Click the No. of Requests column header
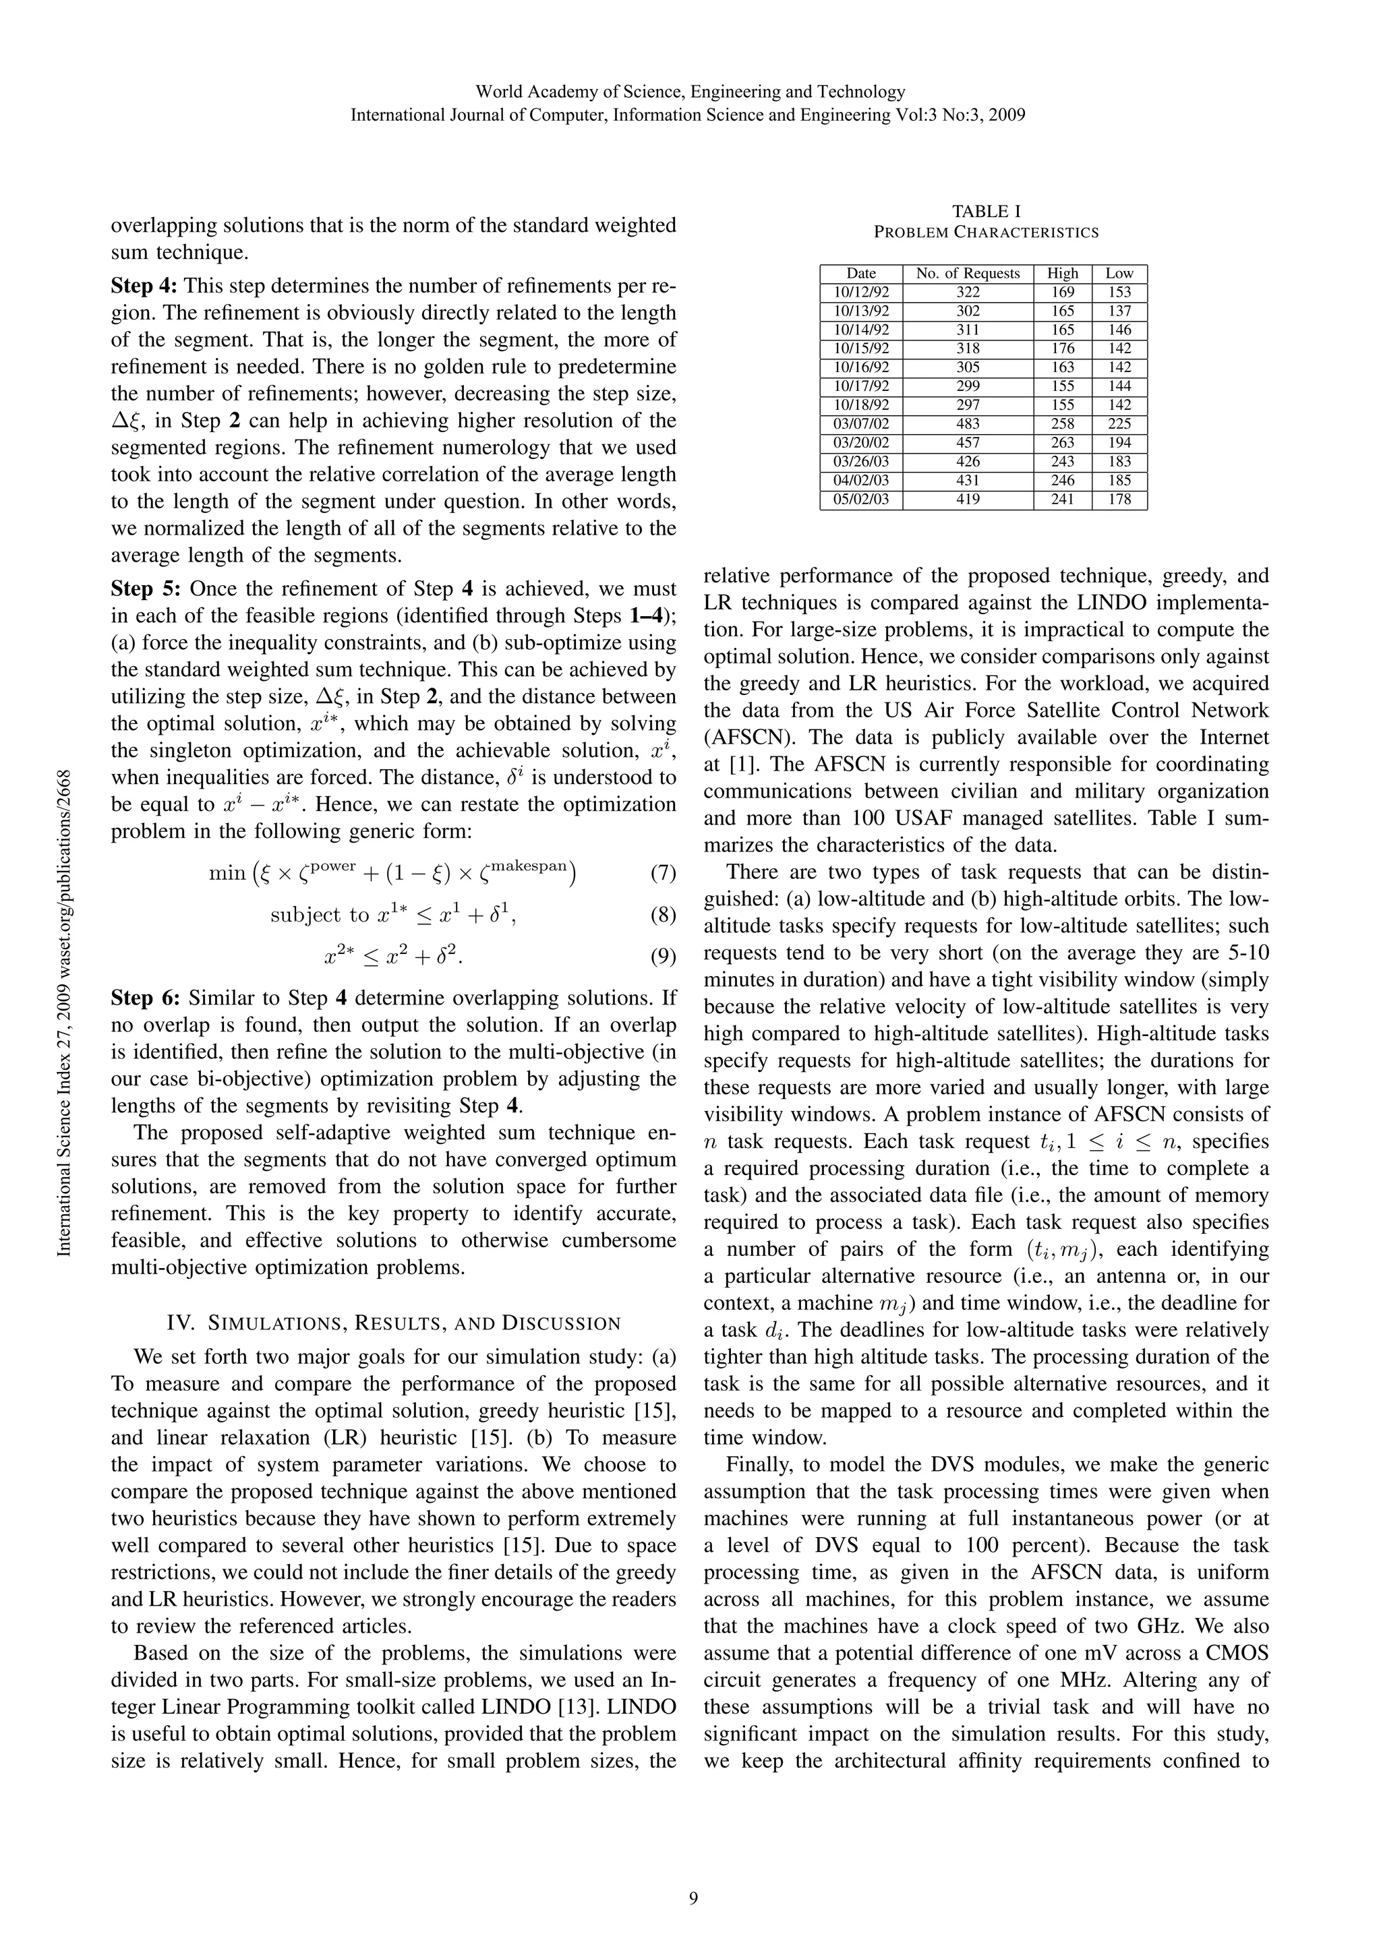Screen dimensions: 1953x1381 968,273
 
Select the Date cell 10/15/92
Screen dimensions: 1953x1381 861,348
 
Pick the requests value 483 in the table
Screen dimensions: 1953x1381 968,423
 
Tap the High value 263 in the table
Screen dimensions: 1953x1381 1062,442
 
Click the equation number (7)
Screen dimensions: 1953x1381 662,873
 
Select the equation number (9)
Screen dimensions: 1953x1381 662,957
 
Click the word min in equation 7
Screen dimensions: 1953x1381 227,874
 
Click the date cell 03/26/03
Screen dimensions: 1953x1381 861,461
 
